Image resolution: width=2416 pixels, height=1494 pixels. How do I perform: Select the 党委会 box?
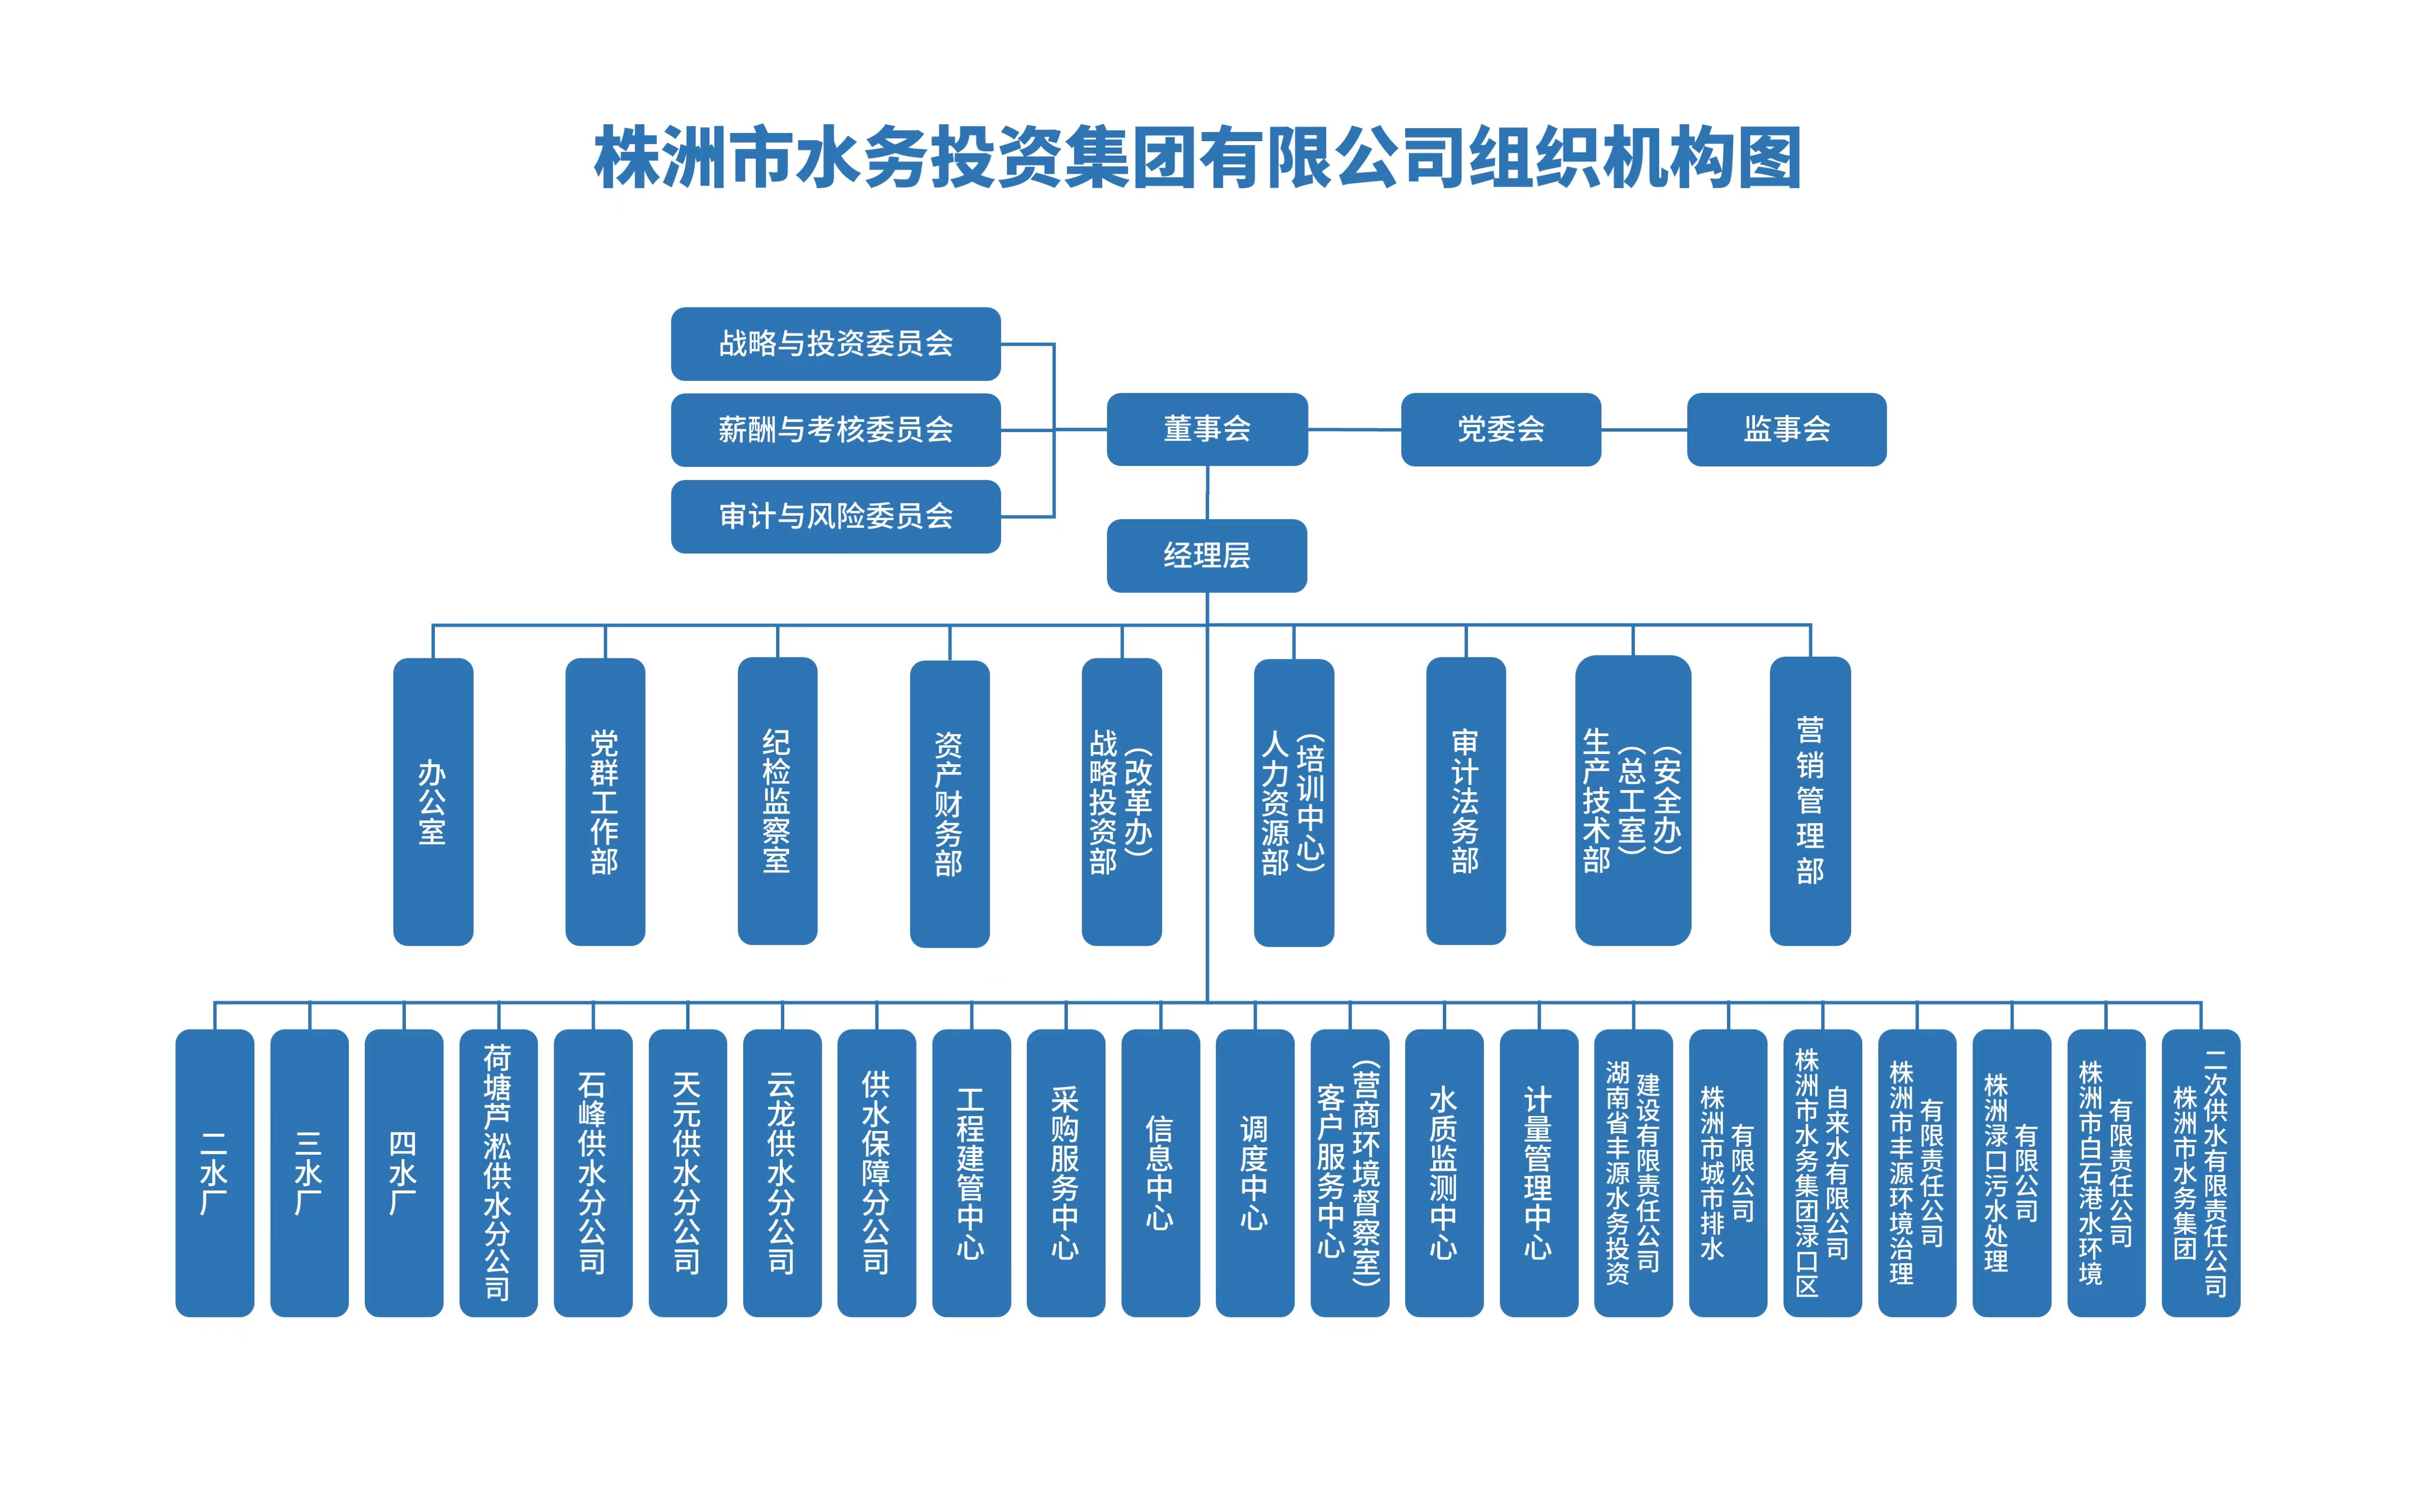1500,429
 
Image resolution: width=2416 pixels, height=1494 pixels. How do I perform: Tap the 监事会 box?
1786,429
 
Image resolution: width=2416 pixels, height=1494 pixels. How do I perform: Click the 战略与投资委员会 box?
835,344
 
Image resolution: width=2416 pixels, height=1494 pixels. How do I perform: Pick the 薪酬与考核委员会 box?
835,430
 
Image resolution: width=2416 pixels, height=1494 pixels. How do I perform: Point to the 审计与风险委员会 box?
835,516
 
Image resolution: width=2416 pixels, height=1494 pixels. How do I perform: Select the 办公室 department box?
432,801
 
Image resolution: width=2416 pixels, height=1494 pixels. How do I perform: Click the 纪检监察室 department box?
777,801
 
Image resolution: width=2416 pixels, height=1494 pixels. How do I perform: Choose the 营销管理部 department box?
1810,801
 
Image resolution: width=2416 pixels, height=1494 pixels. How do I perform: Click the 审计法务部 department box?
1466,801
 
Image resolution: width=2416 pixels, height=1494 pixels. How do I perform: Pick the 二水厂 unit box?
215,1173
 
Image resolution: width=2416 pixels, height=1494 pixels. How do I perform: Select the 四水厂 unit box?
404,1173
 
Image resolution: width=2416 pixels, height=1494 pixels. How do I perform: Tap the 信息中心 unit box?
1161,1173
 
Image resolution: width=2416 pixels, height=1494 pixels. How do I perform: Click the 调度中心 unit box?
1254,1173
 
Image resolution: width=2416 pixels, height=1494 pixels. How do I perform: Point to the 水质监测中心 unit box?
1444,1173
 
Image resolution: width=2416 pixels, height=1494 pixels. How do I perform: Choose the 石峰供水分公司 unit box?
592,1173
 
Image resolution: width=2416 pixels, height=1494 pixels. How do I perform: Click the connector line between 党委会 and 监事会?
1643,430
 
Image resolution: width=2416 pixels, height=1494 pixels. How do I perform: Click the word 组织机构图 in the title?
1635,158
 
